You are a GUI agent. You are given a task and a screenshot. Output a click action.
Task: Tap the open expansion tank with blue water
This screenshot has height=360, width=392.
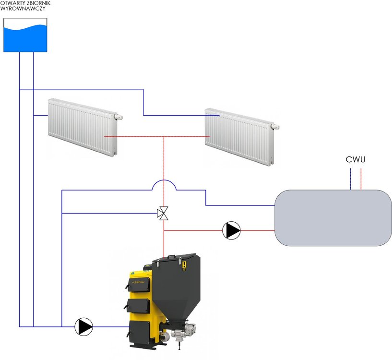(x=25, y=36)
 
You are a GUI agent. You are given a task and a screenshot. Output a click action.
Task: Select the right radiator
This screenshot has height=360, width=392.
(x=239, y=137)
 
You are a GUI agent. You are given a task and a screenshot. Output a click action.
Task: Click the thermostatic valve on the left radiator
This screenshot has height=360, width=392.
(x=119, y=116)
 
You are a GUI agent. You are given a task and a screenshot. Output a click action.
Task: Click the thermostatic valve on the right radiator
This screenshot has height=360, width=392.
(x=275, y=126)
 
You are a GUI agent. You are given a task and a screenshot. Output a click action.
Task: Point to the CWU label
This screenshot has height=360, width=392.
(x=356, y=159)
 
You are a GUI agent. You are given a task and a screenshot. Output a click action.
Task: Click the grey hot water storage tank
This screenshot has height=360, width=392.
(x=333, y=217)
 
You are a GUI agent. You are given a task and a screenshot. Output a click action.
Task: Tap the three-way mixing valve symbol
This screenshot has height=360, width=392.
(x=164, y=214)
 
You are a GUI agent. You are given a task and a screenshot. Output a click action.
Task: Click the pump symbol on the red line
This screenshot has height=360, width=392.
(x=232, y=230)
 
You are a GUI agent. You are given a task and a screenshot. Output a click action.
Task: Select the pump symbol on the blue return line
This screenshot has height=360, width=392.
(x=84, y=327)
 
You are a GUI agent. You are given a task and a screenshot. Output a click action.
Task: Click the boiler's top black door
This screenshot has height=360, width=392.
(x=136, y=283)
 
